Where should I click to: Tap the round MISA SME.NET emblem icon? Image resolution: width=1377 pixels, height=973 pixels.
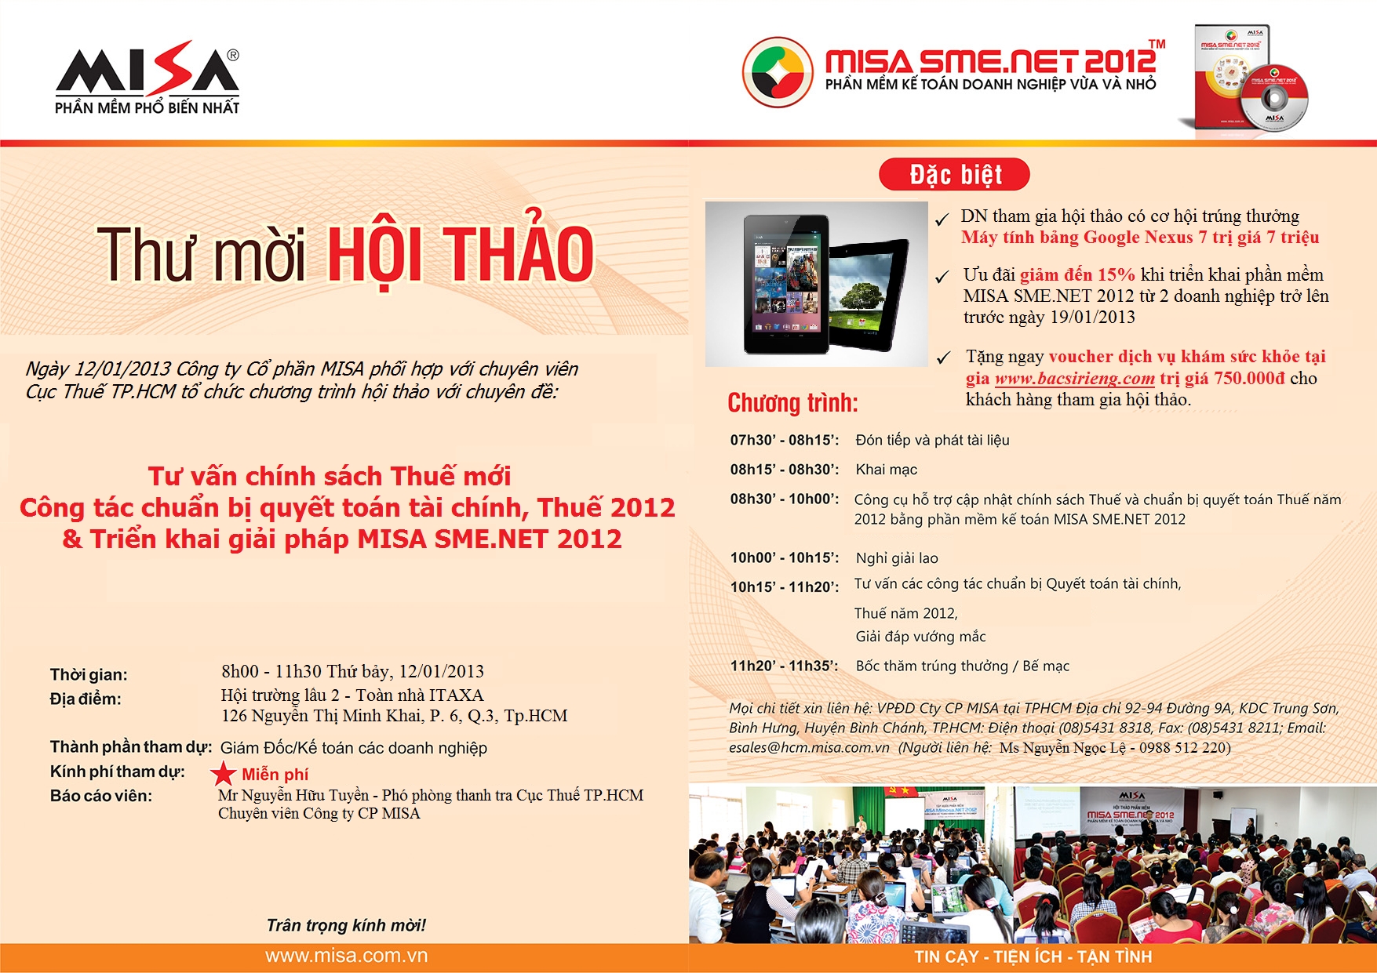pyautogui.click(x=778, y=72)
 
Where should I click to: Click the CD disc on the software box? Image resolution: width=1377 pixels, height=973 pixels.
pyautogui.click(x=1273, y=97)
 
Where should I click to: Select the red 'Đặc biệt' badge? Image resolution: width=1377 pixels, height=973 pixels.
pyautogui.click(x=954, y=174)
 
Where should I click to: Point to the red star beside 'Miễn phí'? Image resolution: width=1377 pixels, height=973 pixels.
pyautogui.click(x=224, y=773)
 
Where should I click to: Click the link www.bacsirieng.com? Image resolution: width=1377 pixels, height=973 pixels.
pyautogui.click(x=1075, y=379)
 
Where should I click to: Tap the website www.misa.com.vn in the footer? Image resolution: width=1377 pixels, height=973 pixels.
pyautogui.click(x=346, y=956)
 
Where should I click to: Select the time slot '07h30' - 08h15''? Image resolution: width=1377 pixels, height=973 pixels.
pyautogui.click(x=784, y=440)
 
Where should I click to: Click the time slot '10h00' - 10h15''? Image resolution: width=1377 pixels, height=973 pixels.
pyautogui.click(x=784, y=557)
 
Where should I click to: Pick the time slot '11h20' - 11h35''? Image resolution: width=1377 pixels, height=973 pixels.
pyautogui.click(x=784, y=666)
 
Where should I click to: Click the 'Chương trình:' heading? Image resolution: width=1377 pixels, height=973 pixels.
pyautogui.click(x=792, y=403)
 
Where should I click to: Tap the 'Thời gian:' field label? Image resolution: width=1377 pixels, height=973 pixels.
pyautogui.click(x=89, y=674)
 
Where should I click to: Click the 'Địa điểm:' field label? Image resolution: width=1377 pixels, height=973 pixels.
pyautogui.click(x=86, y=699)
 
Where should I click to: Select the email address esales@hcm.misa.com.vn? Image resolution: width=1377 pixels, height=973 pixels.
pyautogui.click(x=809, y=747)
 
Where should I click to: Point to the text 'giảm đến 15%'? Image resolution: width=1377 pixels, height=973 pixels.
pyautogui.click(x=1077, y=274)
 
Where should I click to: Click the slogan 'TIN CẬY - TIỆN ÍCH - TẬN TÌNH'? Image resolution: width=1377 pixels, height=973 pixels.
pyautogui.click(x=1033, y=957)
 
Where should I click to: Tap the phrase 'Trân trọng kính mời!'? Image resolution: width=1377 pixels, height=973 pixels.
pyautogui.click(x=346, y=925)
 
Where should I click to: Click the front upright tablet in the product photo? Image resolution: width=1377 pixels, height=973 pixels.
pyautogui.click(x=787, y=284)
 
